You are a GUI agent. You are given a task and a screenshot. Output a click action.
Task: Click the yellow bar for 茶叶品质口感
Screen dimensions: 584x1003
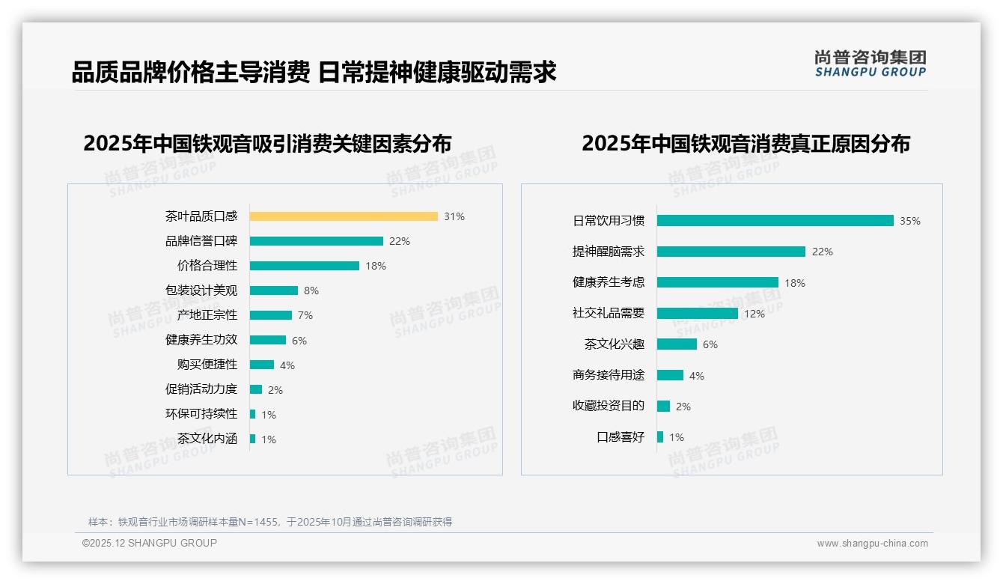point(344,216)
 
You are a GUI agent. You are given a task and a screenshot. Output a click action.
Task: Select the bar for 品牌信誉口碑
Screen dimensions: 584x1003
point(316,241)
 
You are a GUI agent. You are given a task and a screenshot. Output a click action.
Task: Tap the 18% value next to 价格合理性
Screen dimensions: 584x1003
point(376,266)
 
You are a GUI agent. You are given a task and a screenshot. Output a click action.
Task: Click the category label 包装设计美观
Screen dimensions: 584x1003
point(201,291)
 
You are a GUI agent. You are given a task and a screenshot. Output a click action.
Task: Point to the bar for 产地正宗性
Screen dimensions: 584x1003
point(270,315)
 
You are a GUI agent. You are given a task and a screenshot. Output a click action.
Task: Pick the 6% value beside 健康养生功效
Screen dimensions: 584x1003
point(299,340)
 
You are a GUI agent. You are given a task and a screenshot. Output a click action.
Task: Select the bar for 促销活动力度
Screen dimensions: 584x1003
point(256,389)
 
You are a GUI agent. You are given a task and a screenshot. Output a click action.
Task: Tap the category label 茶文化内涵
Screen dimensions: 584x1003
point(207,439)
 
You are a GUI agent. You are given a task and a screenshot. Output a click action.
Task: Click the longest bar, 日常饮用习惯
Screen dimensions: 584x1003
point(775,221)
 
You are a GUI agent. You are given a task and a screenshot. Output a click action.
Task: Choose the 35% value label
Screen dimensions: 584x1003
point(909,221)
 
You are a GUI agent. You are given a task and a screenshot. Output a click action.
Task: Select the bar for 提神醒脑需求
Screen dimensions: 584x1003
point(731,252)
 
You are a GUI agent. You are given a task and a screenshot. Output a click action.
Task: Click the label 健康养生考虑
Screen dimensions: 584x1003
point(608,282)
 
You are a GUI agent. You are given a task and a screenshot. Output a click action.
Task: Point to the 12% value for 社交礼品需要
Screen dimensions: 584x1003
point(754,314)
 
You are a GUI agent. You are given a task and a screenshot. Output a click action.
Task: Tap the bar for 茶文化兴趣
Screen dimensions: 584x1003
point(677,344)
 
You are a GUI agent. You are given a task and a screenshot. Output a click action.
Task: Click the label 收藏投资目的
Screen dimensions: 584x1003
point(608,406)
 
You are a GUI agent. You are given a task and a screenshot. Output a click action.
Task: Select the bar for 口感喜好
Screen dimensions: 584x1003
point(660,437)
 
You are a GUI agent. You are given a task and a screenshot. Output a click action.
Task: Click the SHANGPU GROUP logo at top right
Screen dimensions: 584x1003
point(870,63)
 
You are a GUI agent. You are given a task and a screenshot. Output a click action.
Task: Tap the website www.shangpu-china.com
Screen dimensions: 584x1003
point(872,544)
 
